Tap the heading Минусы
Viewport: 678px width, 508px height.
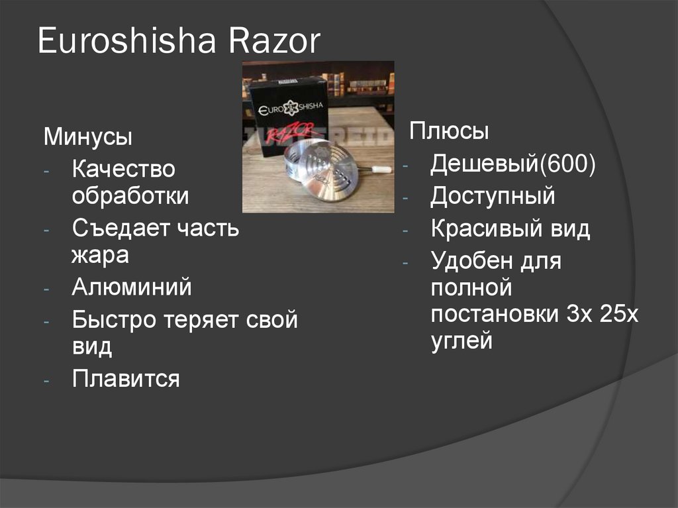point(88,138)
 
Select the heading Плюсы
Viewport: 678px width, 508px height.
point(450,131)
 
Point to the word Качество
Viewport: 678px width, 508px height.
point(124,170)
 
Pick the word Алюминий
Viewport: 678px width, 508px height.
point(132,288)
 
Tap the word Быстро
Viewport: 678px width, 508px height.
point(113,321)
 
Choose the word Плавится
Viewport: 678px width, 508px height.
point(126,380)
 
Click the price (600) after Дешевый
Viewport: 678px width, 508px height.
point(568,164)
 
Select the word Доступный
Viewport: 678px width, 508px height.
point(493,197)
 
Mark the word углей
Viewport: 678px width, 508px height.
point(461,341)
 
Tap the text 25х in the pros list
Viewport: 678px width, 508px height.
point(620,314)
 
